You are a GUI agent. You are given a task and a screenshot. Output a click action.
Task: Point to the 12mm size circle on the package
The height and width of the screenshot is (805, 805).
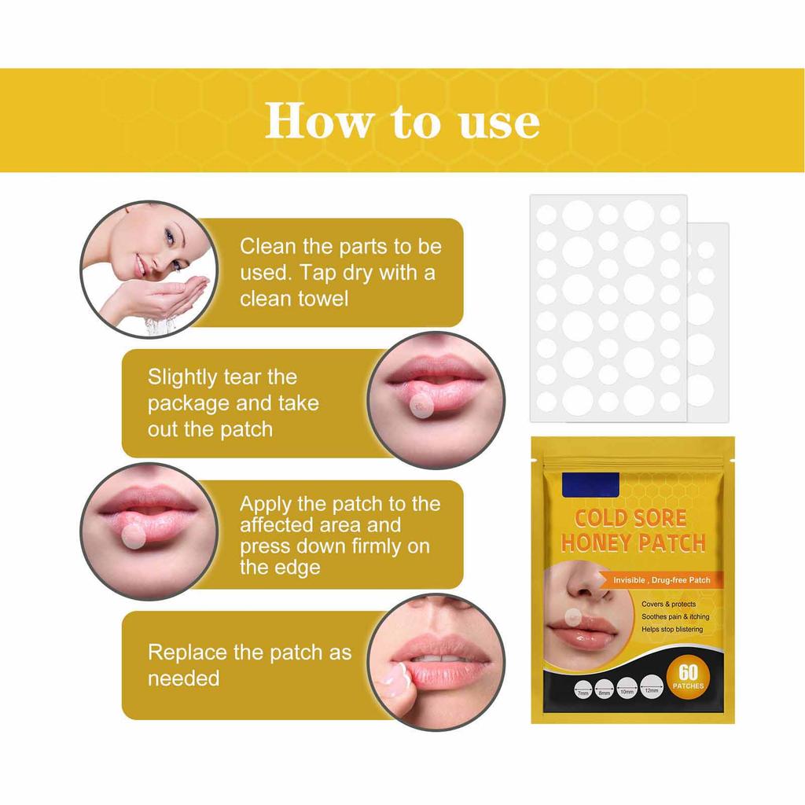coord(650,687)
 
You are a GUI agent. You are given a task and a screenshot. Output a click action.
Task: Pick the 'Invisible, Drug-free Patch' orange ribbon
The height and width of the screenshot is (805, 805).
coord(661,580)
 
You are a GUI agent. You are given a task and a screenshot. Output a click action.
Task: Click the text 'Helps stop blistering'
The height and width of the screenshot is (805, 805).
coord(671,629)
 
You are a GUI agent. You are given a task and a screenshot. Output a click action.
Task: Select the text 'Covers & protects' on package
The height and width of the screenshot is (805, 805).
coord(668,604)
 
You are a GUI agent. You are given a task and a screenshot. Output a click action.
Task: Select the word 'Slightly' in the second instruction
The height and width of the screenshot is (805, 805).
coord(182,377)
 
